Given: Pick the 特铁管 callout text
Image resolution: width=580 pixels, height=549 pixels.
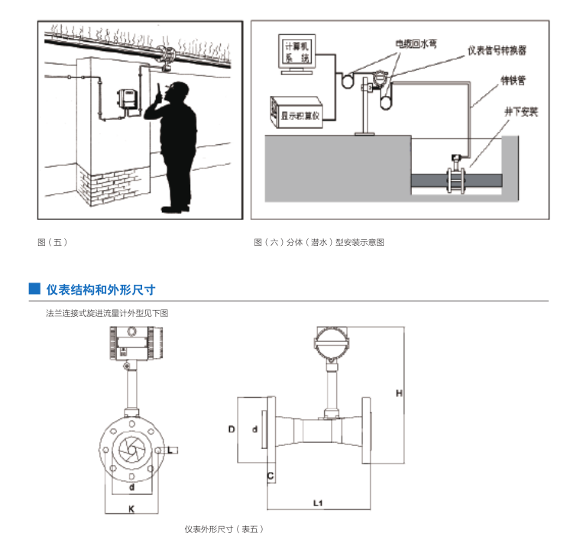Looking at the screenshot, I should click(x=511, y=79).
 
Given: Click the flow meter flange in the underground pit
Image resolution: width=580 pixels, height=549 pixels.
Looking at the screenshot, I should click(x=457, y=182).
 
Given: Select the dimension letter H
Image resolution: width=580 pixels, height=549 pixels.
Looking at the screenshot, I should click(x=399, y=393).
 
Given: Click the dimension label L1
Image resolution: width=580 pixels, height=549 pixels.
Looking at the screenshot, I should click(x=319, y=502).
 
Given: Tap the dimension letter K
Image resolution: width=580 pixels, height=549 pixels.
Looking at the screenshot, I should click(x=131, y=507).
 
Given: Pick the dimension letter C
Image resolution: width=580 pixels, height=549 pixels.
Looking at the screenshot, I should click(x=270, y=477).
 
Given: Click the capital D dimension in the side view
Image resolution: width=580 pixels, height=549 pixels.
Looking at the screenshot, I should click(x=231, y=429).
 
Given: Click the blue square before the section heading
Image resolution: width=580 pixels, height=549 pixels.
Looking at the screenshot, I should click(x=34, y=289).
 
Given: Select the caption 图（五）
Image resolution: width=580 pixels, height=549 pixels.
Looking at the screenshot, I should click(x=53, y=242).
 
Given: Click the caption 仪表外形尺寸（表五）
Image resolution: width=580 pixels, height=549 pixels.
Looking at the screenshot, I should click(x=222, y=529).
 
